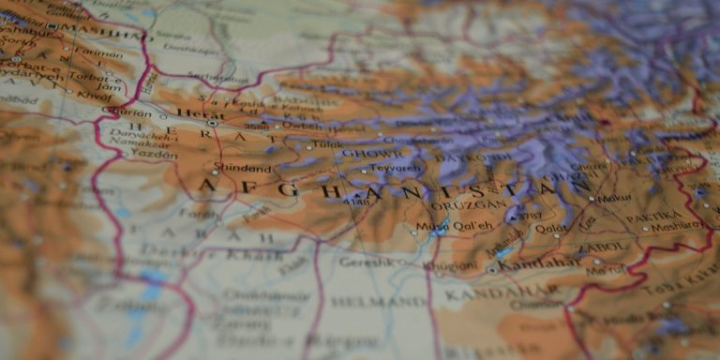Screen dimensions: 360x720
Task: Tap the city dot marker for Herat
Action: pyautogui.click(x=213, y=123)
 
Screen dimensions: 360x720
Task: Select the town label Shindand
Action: pyautogui.click(x=242, y=169)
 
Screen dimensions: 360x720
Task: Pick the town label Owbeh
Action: pyautogui.click(x=301, y=125)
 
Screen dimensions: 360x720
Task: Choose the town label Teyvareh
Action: pyautogui.click(x=395, y=169)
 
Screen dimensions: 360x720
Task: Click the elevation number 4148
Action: pyautogui.click(x=356, y=201)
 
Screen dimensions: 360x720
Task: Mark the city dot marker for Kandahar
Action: pyautogui.click(x=491, y=269)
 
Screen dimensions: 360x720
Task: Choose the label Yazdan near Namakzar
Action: pyautogui.click(x=154, y=153)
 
